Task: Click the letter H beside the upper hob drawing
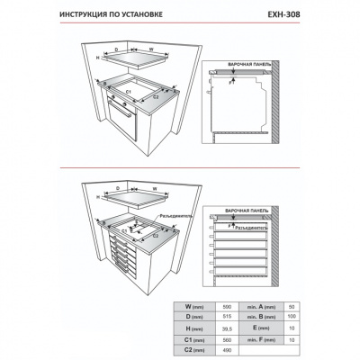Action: click(96, 57)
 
